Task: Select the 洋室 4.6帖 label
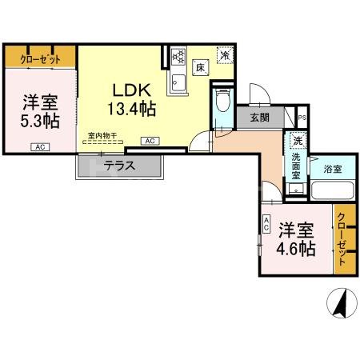point(296,238)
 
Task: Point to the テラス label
point(119,166)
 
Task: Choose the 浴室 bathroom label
point(333,170)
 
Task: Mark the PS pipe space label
point(301,117)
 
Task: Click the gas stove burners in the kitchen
point(178,58)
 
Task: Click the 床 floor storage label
point(202,69)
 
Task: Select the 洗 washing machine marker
point(297,142)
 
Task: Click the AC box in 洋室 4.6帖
point(265,226)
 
